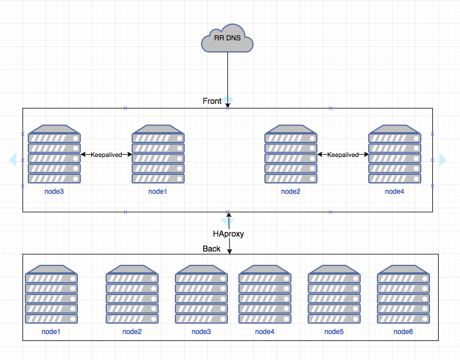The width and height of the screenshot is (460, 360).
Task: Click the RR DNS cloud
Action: click(227, 38)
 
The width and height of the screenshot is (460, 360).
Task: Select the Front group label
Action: click(212, 101)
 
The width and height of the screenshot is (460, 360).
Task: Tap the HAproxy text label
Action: click(229, 234)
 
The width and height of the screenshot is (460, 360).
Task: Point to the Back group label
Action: click(211, 249)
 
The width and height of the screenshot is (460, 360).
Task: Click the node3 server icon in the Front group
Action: click(54, 154)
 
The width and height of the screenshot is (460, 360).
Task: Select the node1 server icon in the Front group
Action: click(158, 154)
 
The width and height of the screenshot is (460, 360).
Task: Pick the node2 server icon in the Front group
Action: click(290, 154)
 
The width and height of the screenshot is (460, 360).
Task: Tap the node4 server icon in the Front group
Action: click(394, 154)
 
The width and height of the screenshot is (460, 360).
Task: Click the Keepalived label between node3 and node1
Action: click(106, 155)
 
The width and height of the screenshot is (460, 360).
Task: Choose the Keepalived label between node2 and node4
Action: click(343, 155)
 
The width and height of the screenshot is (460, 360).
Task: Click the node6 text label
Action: click(403, 332)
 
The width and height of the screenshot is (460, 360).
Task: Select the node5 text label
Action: click(334, 332)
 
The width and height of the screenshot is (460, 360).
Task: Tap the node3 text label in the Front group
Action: click(54, 192)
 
